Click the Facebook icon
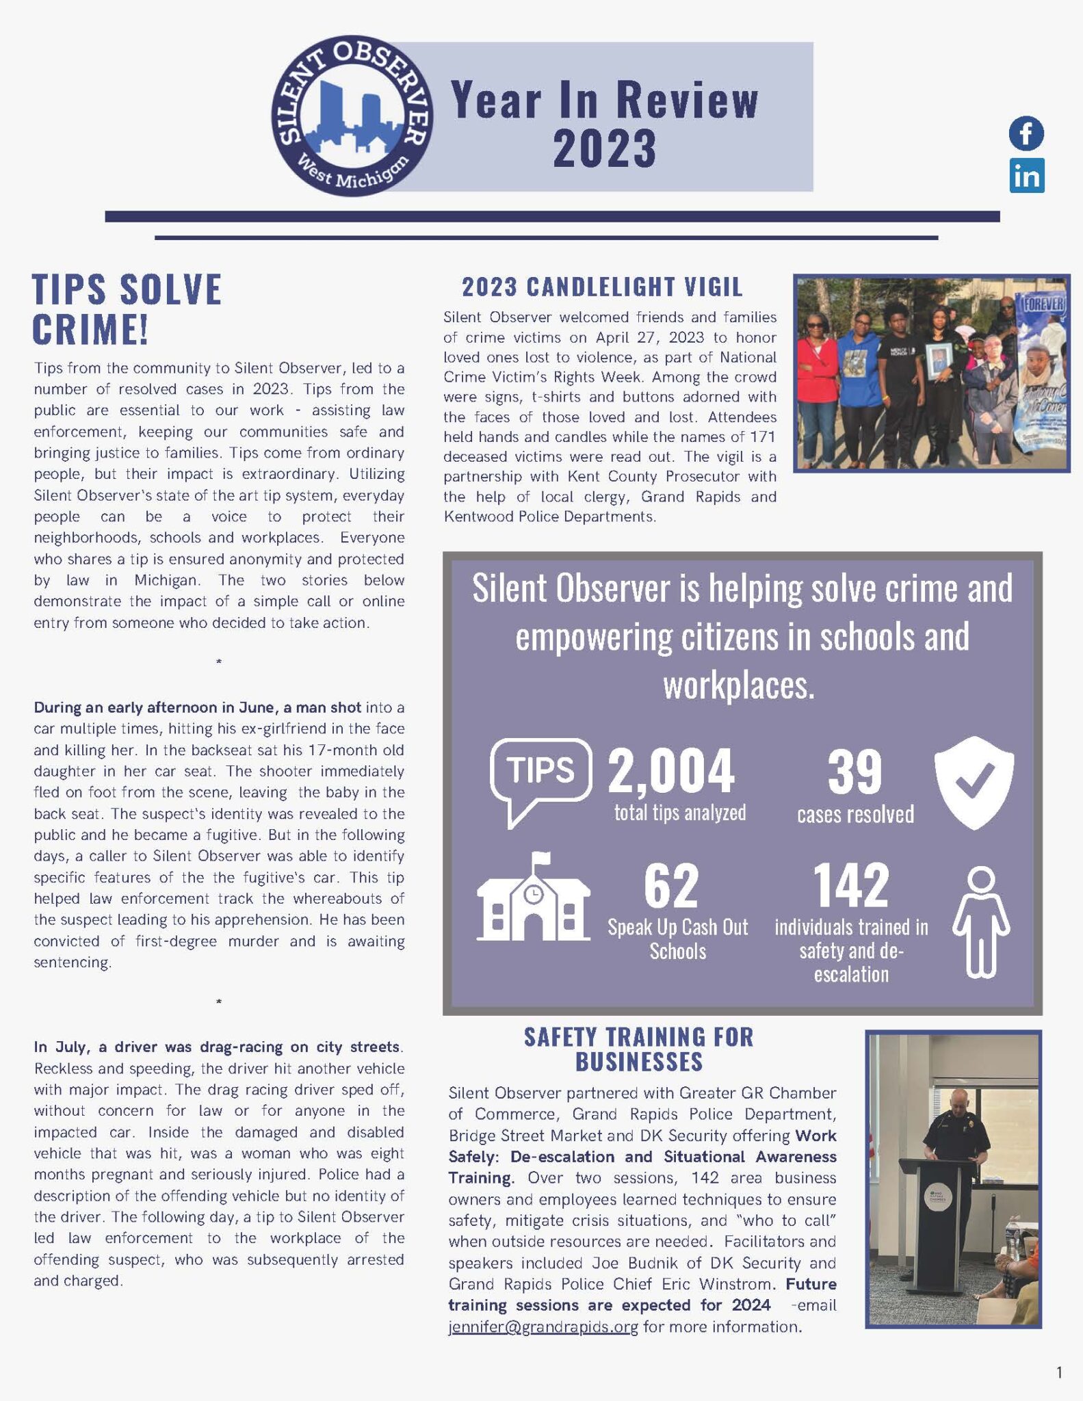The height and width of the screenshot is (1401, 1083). tap(1026, 133)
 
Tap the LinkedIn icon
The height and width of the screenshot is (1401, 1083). tap(1027, 176)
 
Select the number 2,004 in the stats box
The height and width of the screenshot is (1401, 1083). tap(671, 772)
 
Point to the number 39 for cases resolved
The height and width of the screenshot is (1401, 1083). tap(854, 772)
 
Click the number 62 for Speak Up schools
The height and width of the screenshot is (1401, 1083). tap(671, 885)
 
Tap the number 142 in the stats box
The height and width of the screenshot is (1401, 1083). tap(851, 885)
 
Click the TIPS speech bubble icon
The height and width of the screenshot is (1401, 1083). tap(540, 780)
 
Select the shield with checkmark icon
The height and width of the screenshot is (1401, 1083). tap(974, 783)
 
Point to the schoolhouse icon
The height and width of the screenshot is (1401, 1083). tap(534, 898)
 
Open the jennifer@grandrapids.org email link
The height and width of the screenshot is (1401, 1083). tap(543, 1327)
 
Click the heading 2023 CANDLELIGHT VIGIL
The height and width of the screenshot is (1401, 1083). tap(602, 287)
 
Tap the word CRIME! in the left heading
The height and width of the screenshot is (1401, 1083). tap(90, 329)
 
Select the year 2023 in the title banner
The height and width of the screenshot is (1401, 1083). tap(605, 148)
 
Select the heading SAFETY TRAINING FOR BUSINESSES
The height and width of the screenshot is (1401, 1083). tap(639, 1049)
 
